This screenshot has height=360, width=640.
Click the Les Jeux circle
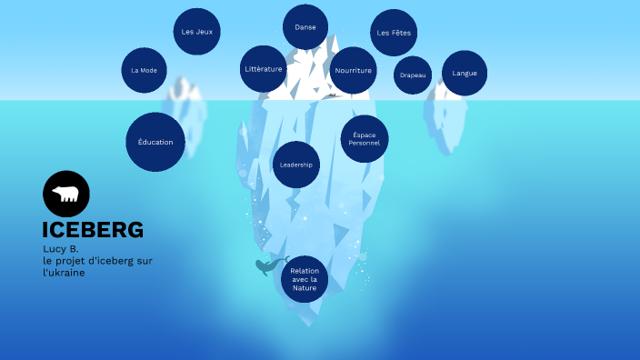(x=196, y=32)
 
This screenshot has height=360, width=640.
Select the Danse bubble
(x=305, y=27)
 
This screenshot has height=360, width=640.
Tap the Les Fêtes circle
(x=394, y=33)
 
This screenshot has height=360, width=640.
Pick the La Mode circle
(x=145, y=70)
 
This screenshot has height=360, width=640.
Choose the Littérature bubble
(x=264, y=69)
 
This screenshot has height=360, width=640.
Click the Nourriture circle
(x=353, y=71)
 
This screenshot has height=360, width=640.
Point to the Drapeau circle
(x=413, y=75)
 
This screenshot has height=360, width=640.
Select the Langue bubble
(x=465, y=73)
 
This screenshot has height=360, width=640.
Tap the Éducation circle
(x=155, y=142)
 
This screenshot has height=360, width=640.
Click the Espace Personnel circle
(x=365, y=139)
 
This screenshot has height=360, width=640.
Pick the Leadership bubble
(x=296, y=165)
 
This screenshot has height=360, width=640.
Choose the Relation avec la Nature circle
(x=305, y=278)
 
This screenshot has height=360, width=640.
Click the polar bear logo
(x=66, y=194)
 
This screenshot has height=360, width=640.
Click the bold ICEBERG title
(x=93, y=230)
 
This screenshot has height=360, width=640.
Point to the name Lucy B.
(x=61, y=249)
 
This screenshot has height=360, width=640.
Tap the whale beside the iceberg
(x=266, y=266)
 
